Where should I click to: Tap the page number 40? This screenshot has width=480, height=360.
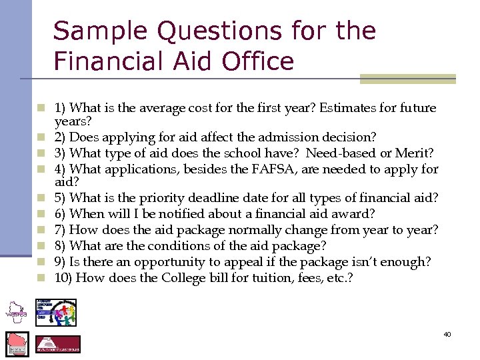(x=447, y=333)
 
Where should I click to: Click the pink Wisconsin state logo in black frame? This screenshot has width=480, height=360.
(x=17, y=344)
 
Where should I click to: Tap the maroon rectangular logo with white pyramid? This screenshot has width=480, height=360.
(x=57, y=344)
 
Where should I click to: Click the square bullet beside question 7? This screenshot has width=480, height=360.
(x=41, y=229)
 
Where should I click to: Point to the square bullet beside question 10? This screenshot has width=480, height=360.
(x=41, y=277)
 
